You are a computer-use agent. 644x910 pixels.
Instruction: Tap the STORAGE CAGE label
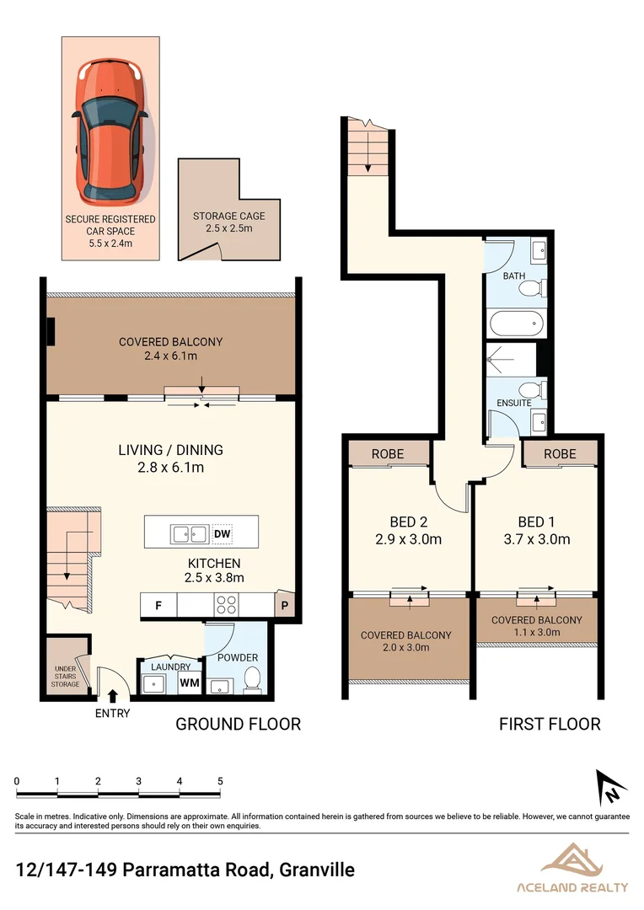228,217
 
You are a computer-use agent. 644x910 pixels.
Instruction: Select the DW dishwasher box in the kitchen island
223,533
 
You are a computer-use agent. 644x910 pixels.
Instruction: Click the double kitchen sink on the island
190,533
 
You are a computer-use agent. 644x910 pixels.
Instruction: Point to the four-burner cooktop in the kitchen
228,604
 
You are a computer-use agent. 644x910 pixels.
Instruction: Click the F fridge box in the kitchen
158,604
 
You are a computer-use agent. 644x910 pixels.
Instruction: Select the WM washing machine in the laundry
190,682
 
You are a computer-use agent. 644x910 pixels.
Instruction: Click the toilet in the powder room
251,679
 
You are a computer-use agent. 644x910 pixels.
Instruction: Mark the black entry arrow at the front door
113,696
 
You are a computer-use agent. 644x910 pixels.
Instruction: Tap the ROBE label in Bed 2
388,454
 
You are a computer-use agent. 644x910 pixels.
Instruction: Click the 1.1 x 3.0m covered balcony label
537,631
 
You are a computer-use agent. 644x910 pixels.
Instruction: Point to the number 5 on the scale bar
221,781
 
